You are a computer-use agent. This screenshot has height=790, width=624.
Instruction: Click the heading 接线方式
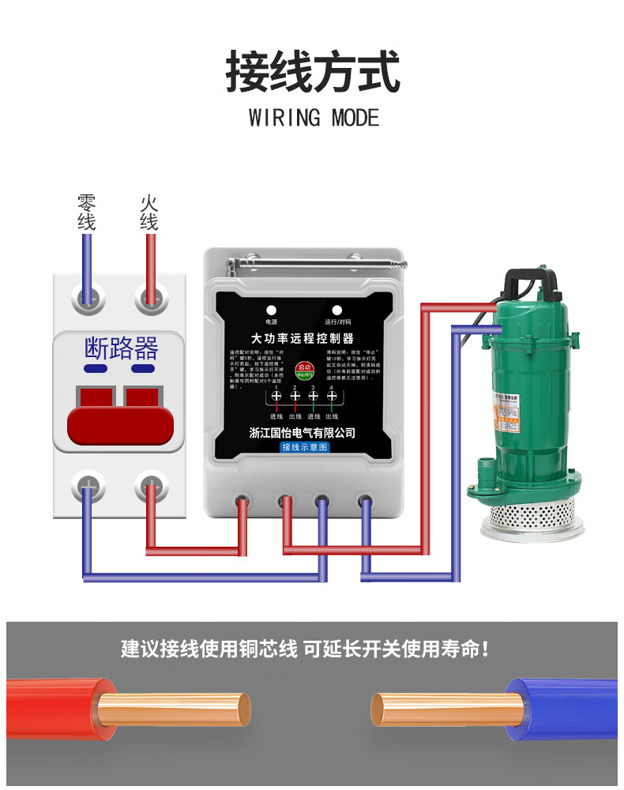313,72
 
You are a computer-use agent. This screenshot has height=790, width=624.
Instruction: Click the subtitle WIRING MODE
314,118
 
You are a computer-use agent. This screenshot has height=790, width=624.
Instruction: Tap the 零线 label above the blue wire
86,212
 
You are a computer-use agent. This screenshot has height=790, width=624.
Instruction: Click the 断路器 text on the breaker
121,348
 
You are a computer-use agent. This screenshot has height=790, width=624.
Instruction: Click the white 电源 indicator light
271,310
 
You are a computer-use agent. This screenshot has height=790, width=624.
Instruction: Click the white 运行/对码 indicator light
337,310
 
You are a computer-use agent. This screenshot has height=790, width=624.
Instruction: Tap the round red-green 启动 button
304,371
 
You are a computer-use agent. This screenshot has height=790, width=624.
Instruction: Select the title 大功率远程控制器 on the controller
303,337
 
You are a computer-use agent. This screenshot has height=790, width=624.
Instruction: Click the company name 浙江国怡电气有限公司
303,432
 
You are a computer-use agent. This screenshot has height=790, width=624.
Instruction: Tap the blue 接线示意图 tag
304,447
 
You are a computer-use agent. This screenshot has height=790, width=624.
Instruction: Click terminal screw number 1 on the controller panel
276,396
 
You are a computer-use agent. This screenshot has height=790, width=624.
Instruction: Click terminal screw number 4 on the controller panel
331,396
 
